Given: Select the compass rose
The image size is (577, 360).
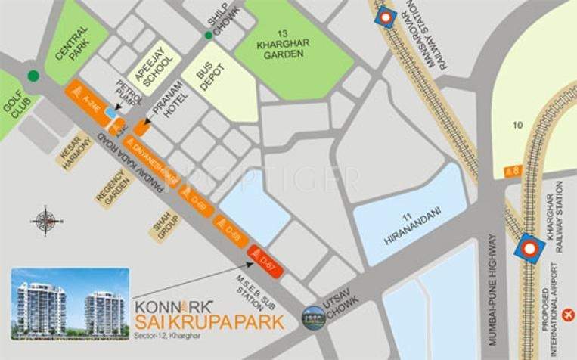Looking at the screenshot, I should click(x=47, y=221).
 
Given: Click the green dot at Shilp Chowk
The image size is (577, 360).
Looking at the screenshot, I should click(x=209, y=35).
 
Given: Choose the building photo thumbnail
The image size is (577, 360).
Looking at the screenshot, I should click(x=70, y=303).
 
